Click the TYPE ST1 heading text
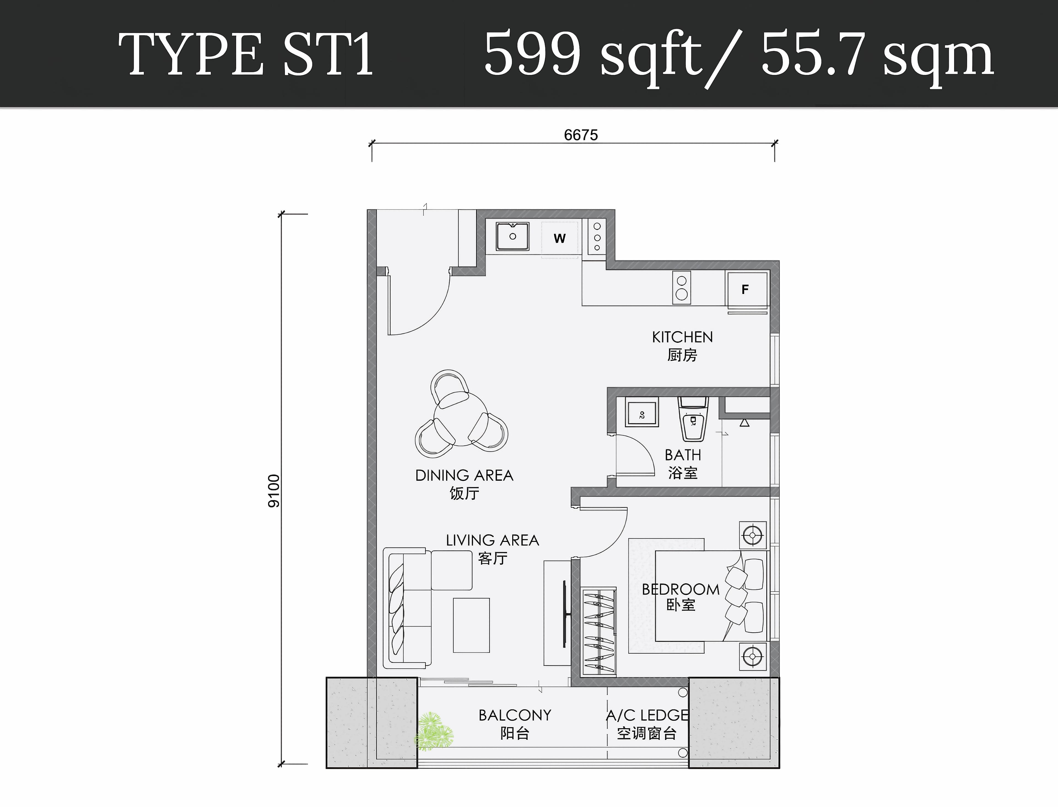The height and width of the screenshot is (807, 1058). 245,54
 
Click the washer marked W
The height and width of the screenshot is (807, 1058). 560,239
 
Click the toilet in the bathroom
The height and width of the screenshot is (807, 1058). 693,419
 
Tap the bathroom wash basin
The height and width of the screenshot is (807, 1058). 642,413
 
